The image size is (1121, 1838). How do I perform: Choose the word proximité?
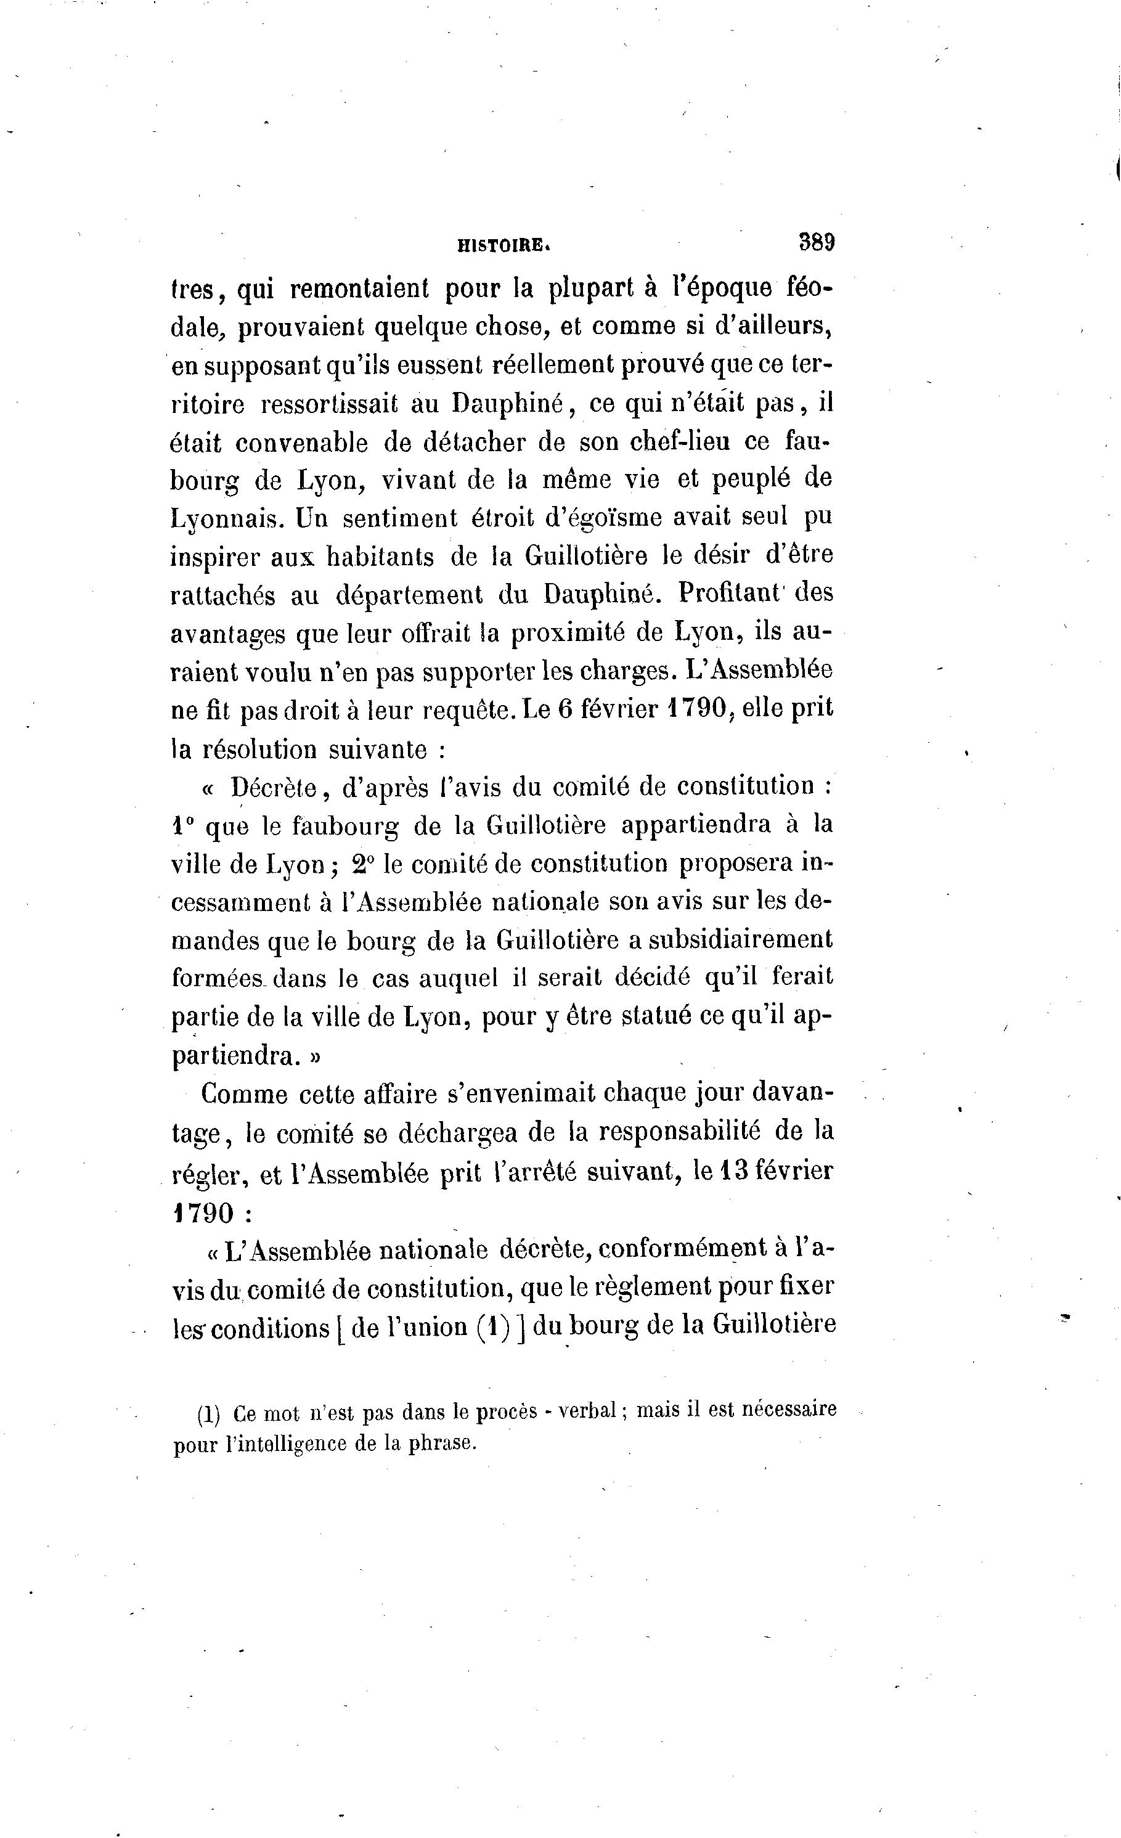563,632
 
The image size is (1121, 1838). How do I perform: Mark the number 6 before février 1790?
566,709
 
